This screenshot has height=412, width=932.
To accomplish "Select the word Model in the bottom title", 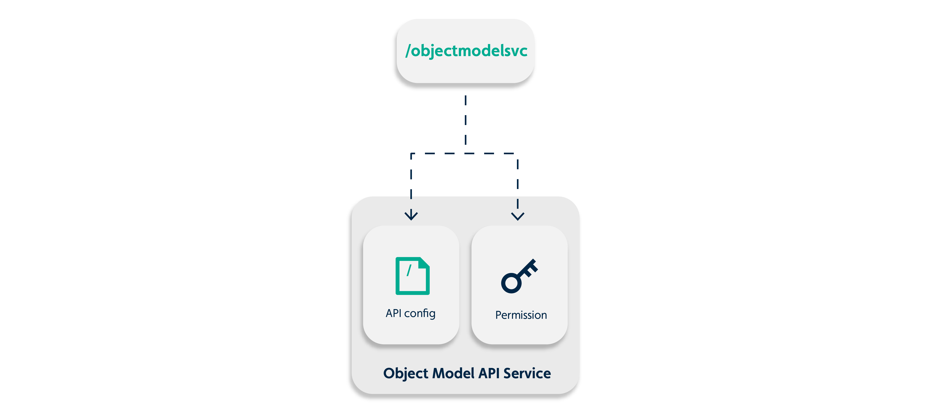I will (x=453, y=373).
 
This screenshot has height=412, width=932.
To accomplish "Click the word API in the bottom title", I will (x=489, y=373).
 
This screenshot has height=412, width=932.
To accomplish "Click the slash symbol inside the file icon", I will (x=409, y=270).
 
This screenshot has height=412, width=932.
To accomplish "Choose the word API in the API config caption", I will (x=393, y=313).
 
